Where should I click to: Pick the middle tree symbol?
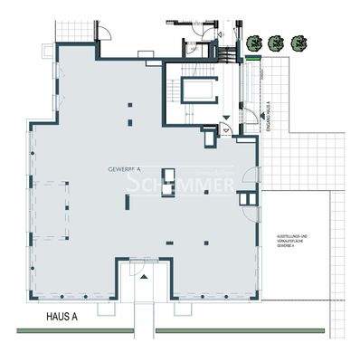[278, 42]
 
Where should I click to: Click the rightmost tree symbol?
[298, 42]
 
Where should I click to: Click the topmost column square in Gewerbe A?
[129, 106]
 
